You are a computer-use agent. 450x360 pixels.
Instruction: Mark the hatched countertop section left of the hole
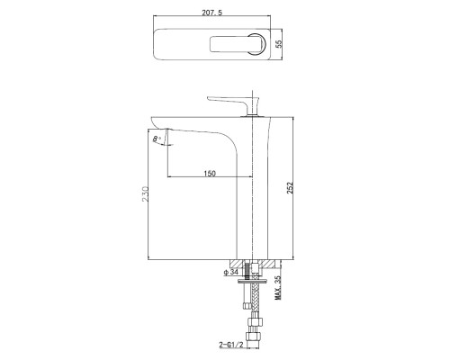tap(226, 263)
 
